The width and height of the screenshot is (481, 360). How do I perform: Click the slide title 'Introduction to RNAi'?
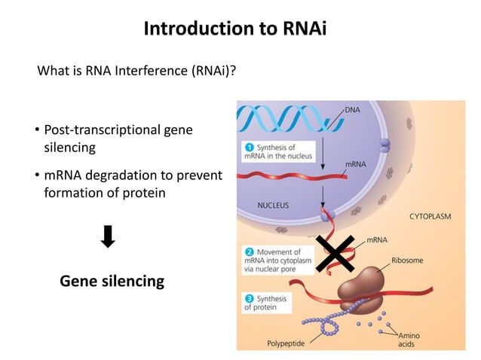(x=240, y=29)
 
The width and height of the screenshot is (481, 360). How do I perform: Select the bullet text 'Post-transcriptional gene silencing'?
(x=117, y=139)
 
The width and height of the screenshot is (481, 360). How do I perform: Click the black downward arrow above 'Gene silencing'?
(x=108, y=238)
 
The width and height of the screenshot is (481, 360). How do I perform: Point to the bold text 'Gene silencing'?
(x=112, y=282)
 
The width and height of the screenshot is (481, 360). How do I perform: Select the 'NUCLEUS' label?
(x=273, y=204)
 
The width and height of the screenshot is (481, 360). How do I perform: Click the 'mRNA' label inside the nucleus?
(x=356, y=163)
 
